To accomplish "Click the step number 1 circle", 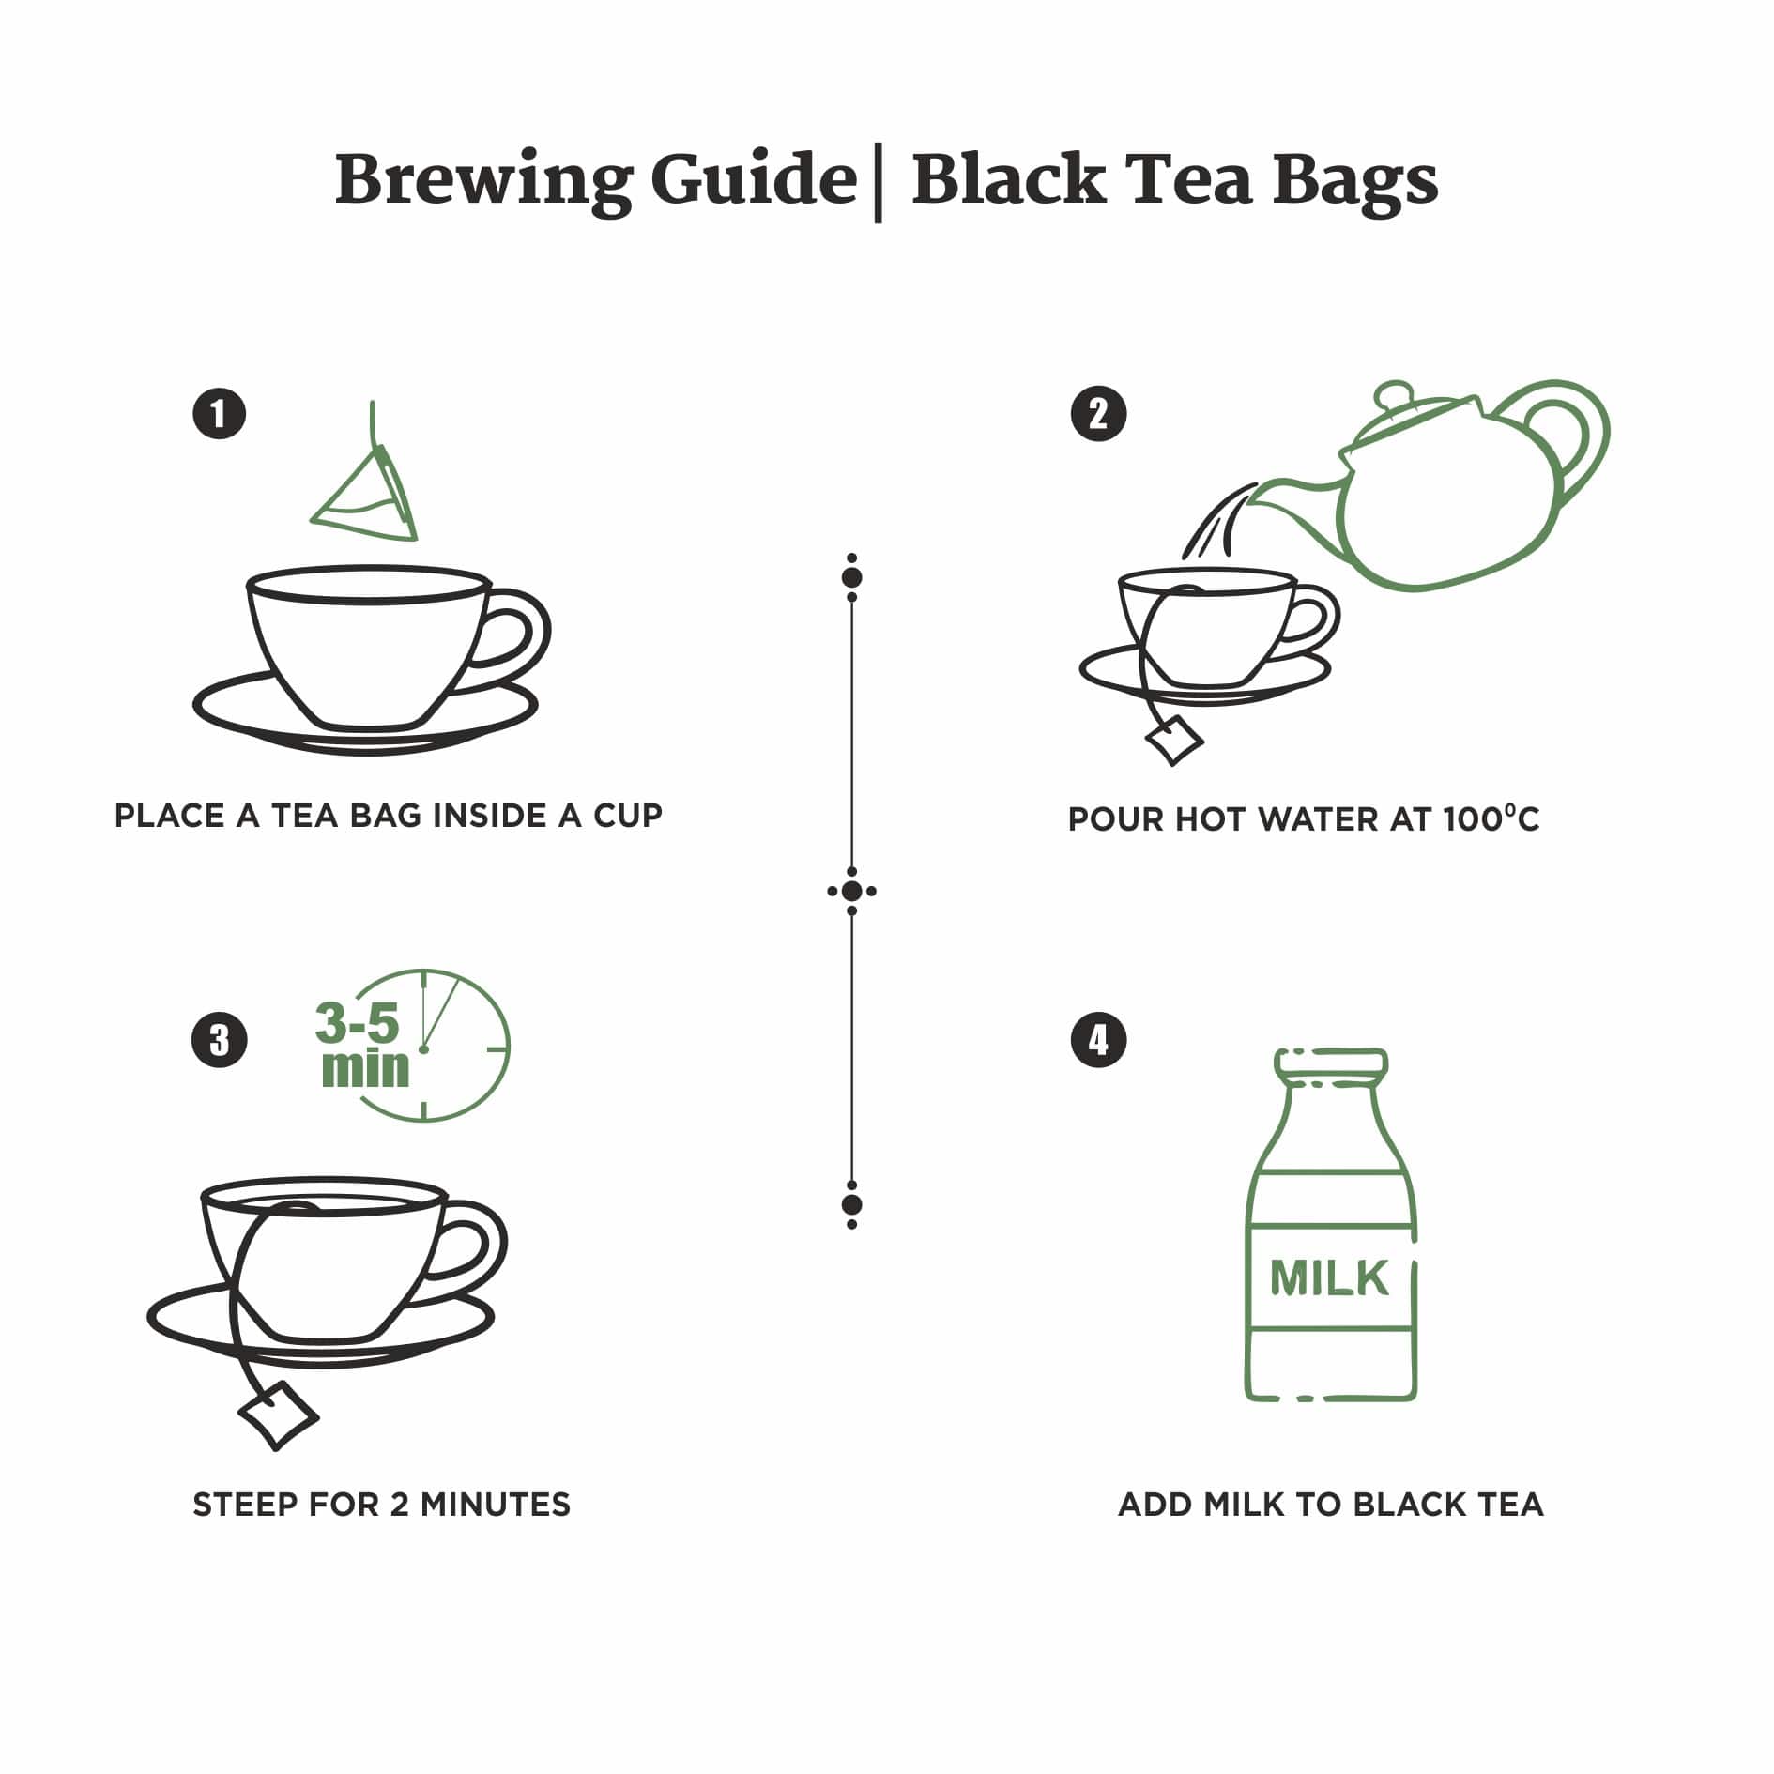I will pos(219,414).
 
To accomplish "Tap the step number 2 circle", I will pos(1098,414).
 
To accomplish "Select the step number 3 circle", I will pos(219,1040).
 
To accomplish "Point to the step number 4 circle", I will pos(1098,1040).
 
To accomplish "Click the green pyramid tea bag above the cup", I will pos(368,497).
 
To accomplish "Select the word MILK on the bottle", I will pos(1328,1277).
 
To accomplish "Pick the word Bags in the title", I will pos(1354,179).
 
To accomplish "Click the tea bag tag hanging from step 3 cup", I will pos(278,1414).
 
